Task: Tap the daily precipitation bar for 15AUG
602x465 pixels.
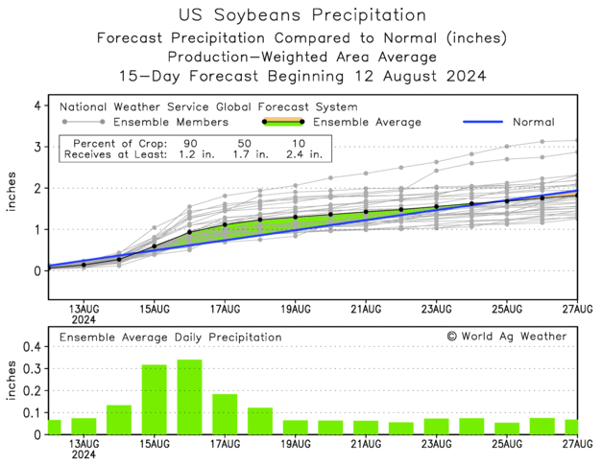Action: pyautogui.click(x=155, y=400)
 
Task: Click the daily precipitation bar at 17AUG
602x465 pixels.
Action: pyautogui.click(x=225, y=414)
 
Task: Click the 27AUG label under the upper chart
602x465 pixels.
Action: pyautogui.click(x=577, y=309)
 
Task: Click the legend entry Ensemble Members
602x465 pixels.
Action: pyautogui.click(x=169, y=122)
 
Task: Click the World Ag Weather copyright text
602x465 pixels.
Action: pyautogui.click(x=506, y=337)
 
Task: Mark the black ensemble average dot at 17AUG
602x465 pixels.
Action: pyautogui.click(x=225, y=224)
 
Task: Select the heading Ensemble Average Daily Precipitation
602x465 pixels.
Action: pyautogui.click(x=171, y=337)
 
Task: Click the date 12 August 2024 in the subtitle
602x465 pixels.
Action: pyautogui.click(x=423, y=76)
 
